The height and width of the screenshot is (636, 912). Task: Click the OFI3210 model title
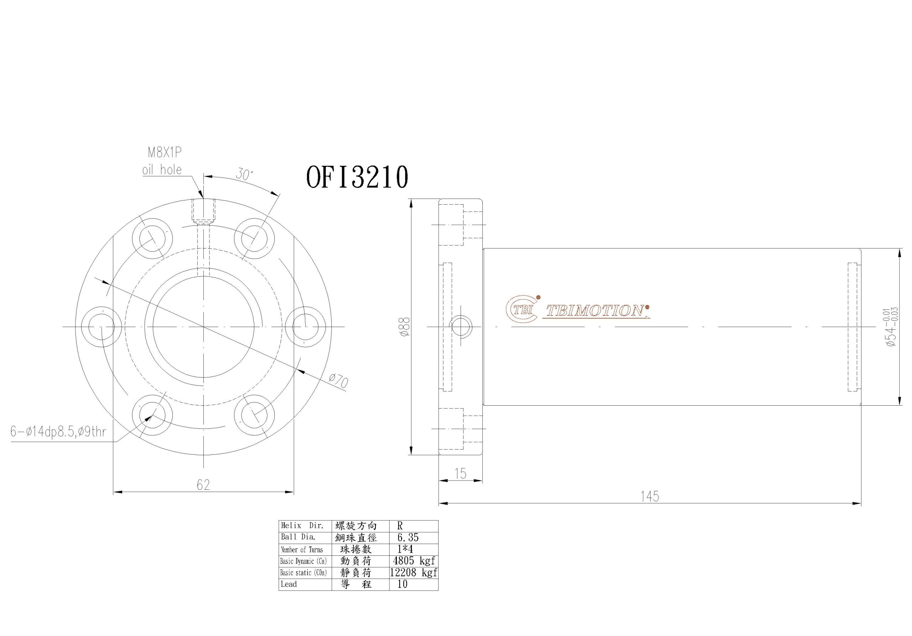[x=357, y=177]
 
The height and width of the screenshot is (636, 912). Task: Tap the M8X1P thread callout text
[x=165, y=153]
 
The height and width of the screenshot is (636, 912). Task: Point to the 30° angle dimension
[x=244, y=174]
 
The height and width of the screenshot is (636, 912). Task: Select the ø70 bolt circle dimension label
[x=339, y=381]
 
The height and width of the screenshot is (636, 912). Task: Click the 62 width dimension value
[x=203, y=484]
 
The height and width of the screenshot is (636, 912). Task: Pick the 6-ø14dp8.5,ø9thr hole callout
[x=58, y=432]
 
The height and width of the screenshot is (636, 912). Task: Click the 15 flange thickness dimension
[x=460, y=473]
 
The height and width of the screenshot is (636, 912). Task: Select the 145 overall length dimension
[x=649, y=497]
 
